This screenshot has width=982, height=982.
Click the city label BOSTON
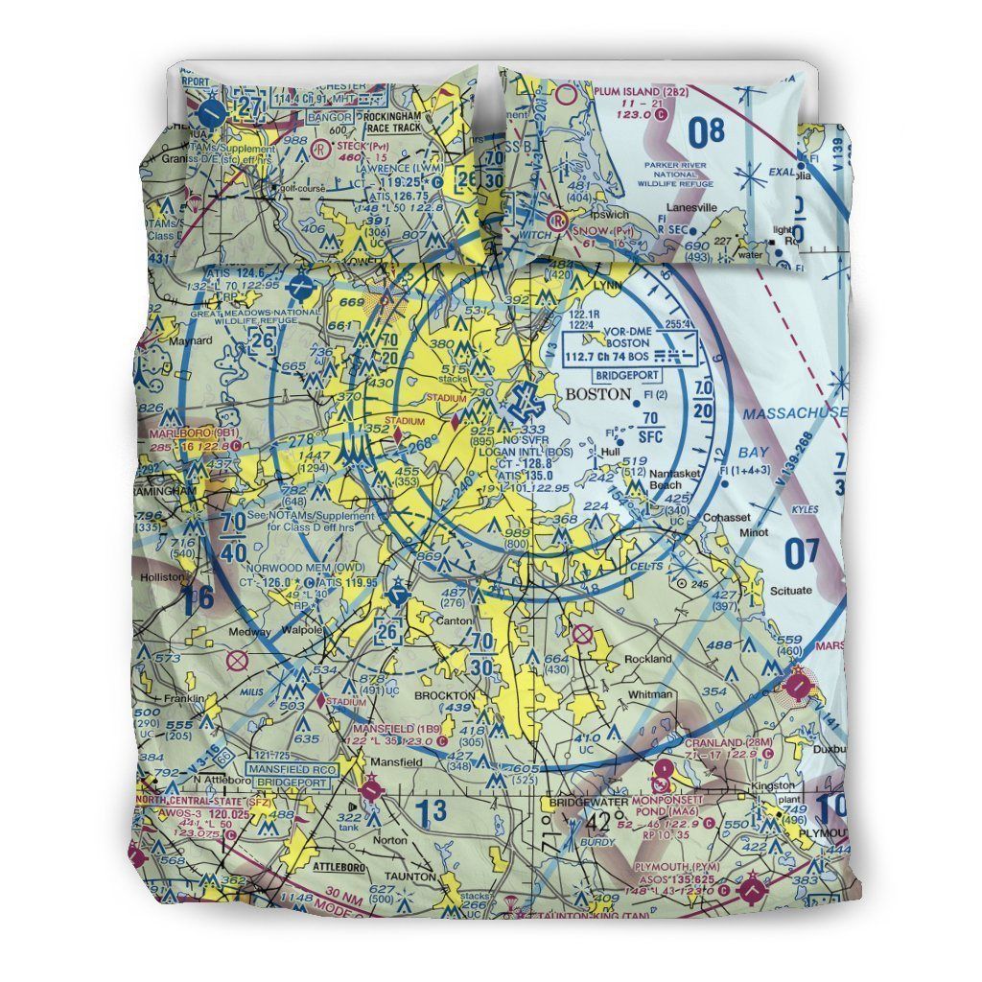pyautogui.click(x=598, y=393)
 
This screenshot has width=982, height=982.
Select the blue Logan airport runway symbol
pyautogui.click(x=525, y=401)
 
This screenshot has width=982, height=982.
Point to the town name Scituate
pyautogui.click(x=789, y=591)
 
